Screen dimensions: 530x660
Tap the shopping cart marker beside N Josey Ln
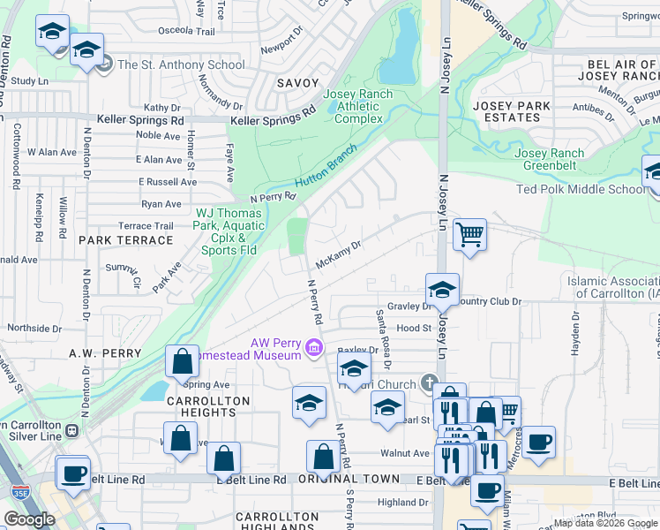point(470,235)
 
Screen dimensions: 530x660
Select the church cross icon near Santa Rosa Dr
point(429,382)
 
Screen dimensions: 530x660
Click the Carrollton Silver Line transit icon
point(73,430)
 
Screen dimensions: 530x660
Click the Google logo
point(28,519)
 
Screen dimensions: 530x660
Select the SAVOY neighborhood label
point(297,83)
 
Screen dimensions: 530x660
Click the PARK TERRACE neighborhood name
point(125,240)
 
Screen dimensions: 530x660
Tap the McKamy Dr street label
point(339,256)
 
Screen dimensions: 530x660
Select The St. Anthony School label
point(181,64)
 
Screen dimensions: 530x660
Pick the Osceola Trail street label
point(186,31)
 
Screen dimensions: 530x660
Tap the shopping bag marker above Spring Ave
point(182,361)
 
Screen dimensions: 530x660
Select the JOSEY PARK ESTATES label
point(512,111)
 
